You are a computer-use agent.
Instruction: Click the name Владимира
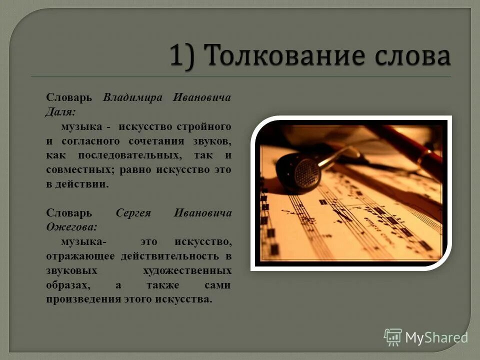pyautogui.click(x=133, y=97)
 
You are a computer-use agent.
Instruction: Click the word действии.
pyautogui.click(x=86, y=184)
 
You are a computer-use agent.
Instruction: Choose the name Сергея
pyautogui.click(x=133, y=213)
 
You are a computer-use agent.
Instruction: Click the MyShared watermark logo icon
pyautogui.click(x=393, y=337)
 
